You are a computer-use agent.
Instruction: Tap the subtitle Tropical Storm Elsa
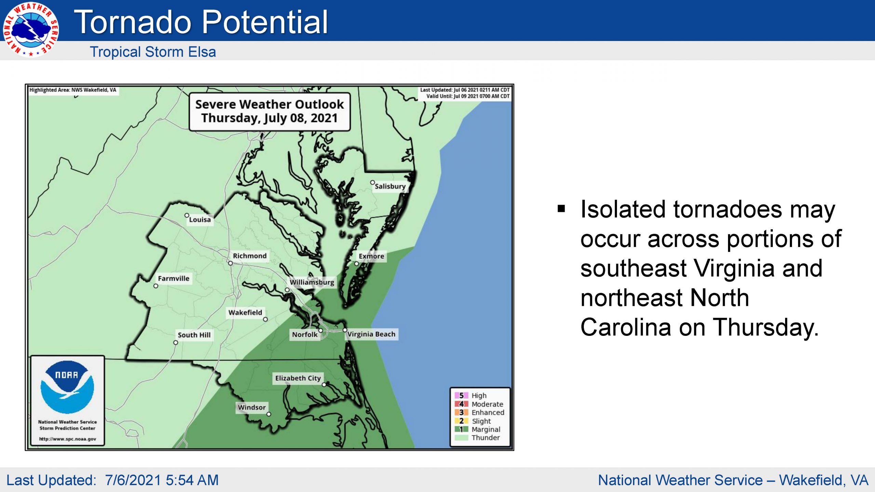click(153, 52)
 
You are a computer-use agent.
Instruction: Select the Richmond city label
click(250, 256)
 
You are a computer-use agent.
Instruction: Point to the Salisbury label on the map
click(390, 186)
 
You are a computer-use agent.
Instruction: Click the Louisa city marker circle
click(187, 215)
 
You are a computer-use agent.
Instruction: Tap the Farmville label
click(174, 278)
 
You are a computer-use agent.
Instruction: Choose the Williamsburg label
click(312, 282)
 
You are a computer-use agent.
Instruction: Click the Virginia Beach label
click(372, 334)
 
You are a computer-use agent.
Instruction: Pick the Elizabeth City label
click(298, 378)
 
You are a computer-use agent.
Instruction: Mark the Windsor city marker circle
click(269, 414)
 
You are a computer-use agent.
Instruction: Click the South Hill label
click(194, 335)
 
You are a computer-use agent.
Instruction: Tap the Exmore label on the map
click(371, 256)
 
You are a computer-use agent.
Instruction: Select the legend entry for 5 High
click(471, 395)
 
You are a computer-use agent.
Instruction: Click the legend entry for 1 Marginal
click(477, 429)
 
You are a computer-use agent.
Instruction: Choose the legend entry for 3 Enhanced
click(480, 412)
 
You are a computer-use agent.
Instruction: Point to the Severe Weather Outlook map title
click(269, 111)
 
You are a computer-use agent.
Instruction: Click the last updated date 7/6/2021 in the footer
click(133, 480)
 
